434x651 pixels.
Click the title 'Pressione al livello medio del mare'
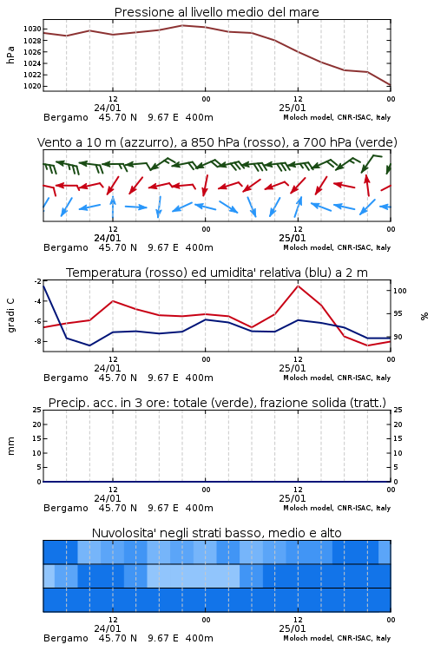point(216,12)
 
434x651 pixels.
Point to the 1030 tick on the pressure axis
point(32,29)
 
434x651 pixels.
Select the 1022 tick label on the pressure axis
point(32,75)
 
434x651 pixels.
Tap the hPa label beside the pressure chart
point(10,56)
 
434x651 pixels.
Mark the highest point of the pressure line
point(182,25)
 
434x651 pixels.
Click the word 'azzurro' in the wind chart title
point(145,142)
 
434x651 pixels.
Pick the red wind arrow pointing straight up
point(367,185)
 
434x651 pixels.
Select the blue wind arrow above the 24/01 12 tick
point(113,207)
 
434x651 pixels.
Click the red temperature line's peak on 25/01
point(298,286)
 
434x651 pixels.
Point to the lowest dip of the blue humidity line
point(89,345)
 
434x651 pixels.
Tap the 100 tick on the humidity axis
point(399,291)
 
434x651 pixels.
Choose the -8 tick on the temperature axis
point(36,341)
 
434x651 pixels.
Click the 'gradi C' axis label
point(11,315)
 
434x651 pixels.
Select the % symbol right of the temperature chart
point(424,316)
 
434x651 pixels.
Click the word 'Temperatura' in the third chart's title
point(104,273)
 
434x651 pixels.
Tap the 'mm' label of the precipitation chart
point(10,446)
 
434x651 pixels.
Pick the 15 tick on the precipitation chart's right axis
point(398,438)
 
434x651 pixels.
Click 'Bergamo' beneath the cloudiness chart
point(66,639)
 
